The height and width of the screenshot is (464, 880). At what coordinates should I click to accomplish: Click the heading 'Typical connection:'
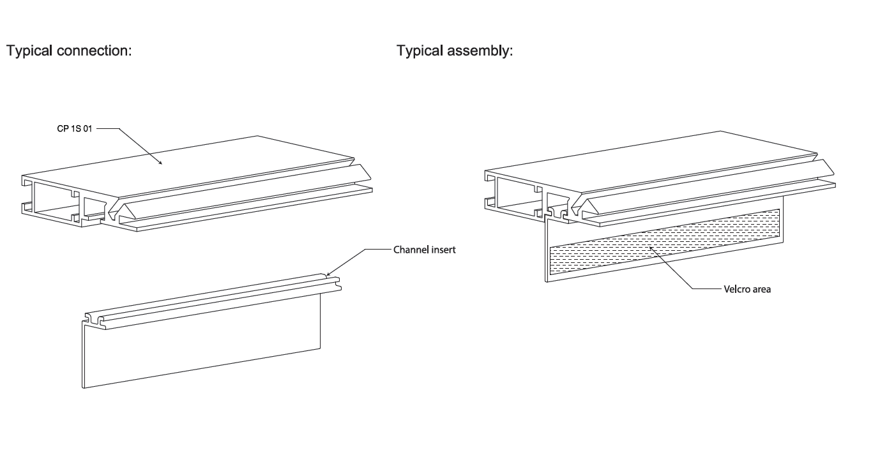(x=69, y=50)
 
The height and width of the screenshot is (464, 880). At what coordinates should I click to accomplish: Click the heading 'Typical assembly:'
(x=455, y=50)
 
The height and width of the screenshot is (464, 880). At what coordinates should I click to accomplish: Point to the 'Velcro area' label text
(x=747, y=289)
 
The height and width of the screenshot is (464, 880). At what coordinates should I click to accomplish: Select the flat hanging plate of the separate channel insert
(x=198, y=345)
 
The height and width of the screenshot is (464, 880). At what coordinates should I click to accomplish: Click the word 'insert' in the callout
(x=443, y=250)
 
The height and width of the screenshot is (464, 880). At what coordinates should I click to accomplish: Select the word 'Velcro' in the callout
(x=736, y=289)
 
